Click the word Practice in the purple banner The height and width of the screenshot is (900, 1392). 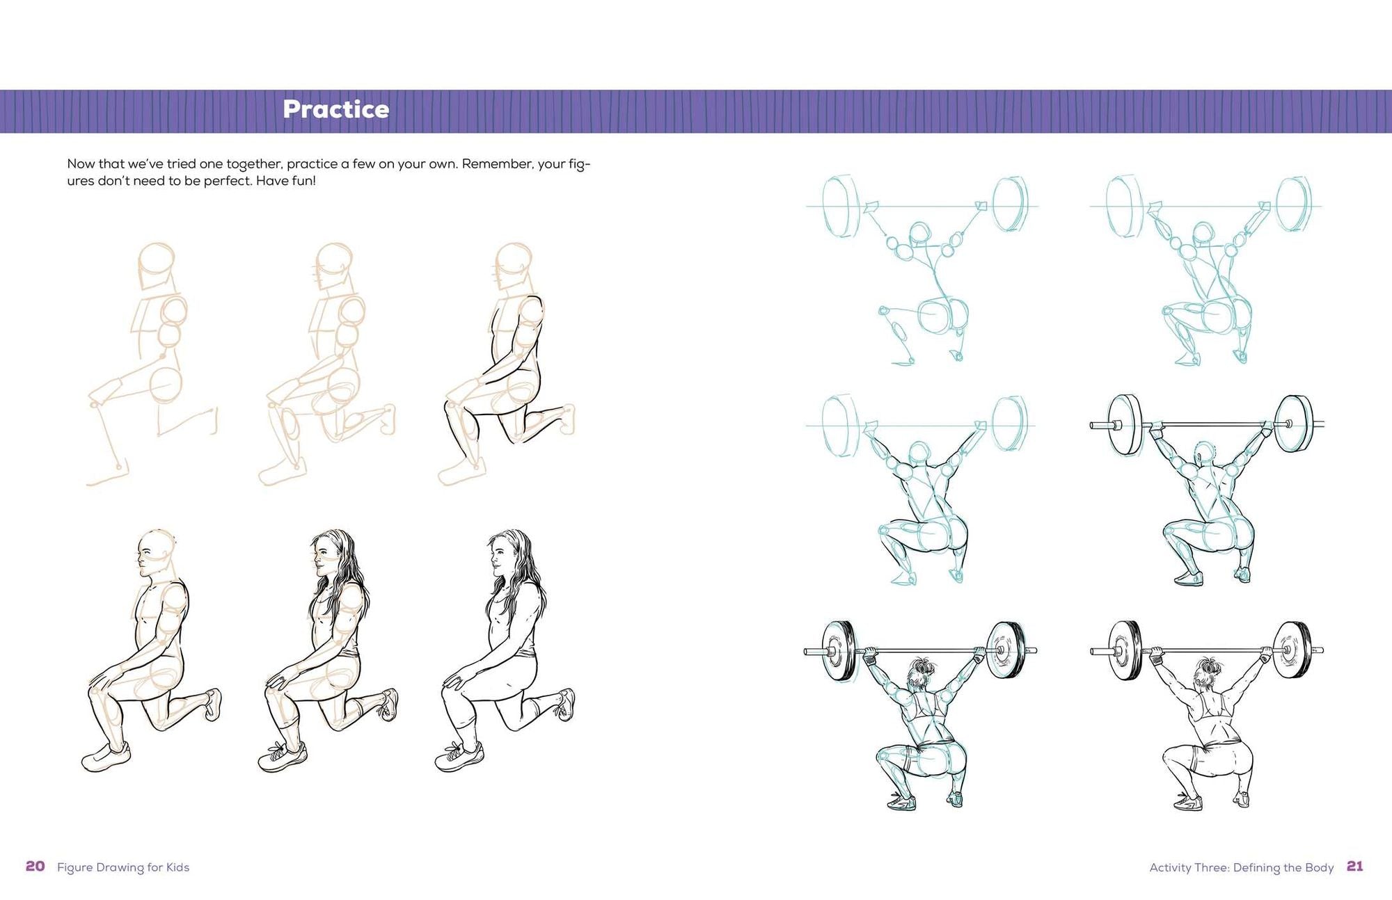tap(335, 109)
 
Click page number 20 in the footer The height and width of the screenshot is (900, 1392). tap(35, 866)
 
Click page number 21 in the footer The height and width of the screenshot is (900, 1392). tap(1354, 866)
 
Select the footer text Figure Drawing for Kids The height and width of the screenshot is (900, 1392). tap(123, 867)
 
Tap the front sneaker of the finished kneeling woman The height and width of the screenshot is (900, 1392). tap(460, 756)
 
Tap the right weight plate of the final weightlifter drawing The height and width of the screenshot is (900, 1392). tap(1293, 650)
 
